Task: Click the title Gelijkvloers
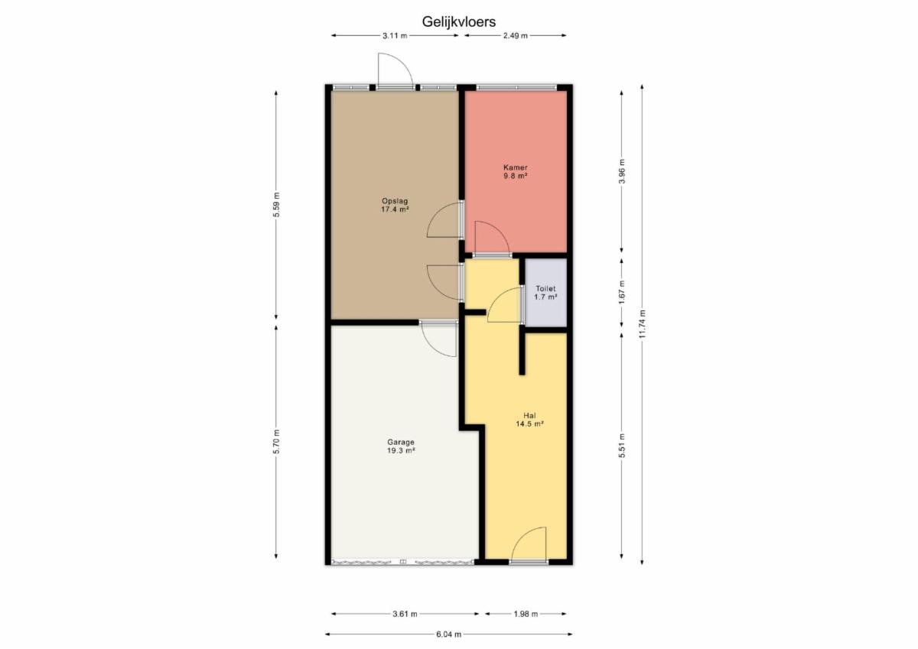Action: click(458, 21)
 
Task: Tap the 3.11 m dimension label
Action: click(395, 36)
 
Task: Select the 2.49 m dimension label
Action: click(515, 36)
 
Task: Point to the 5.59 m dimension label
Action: click(276, 205)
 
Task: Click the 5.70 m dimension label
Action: click(276, 441)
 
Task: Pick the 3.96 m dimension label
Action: click(622, 171)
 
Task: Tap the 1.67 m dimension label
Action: click(622, 292)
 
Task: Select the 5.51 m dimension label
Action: click(622, 446)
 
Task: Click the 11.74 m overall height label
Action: click(642, 323)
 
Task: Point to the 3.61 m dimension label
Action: click(405, 614)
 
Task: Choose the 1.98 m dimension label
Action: click(526, 614)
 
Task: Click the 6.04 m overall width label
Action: click(448, 634)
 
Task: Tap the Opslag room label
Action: click(395, 205)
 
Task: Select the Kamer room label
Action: click(515, 171)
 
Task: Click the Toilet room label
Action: click(545, 293)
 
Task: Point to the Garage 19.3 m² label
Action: click(401, 446)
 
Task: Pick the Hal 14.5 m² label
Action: click(529, 420)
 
